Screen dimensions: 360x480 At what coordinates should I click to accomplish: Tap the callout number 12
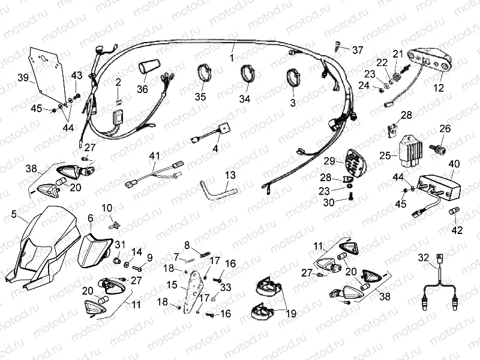coord(439,88)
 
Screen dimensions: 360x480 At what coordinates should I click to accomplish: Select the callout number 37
coord(358,49)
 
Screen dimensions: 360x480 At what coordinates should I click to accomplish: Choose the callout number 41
coord(154,157)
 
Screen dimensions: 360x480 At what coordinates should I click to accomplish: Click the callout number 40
coord(454,163)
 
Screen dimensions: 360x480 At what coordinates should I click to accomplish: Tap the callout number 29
coord(329,161)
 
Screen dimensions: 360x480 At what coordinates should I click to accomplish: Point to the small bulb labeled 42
coord(454,214)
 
